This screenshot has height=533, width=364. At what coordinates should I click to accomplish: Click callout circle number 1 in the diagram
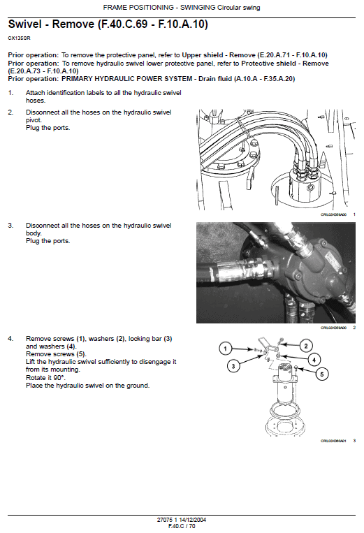coord(226,348)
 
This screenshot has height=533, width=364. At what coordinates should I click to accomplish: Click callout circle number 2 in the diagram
coord(305,346)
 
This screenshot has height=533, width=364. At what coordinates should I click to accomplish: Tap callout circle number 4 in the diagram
coord(314,360)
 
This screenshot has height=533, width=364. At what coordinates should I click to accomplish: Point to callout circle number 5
coord(322,374)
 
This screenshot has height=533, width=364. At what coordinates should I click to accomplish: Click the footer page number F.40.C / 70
coord(182,526)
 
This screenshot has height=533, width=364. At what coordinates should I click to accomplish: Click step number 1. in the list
coord(10,93)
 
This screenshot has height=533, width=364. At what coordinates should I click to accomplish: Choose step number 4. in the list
coord(10,339)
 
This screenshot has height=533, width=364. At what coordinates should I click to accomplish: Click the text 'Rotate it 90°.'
coord(45,377)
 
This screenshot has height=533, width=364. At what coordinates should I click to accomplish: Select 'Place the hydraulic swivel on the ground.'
coord(87,385)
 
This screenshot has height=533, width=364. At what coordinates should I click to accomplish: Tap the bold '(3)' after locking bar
coord(168,339)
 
